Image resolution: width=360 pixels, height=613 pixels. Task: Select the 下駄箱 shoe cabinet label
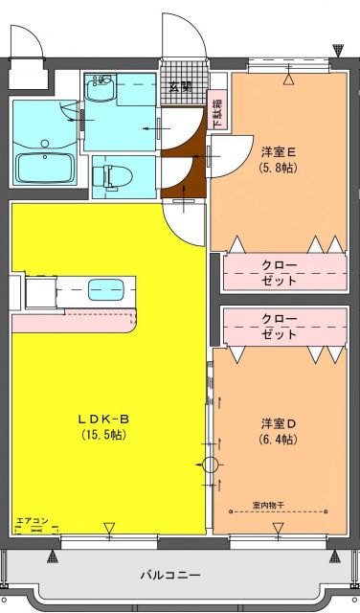tap(217, 113)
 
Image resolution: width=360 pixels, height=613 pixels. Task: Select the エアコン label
tap(32, 522)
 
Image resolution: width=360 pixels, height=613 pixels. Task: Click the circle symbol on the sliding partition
tap(211, 465)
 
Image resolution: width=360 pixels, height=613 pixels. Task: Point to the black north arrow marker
tap(337, 48)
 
